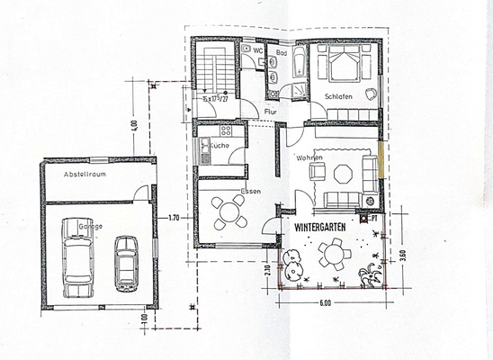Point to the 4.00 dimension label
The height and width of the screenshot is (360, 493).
(133, 126)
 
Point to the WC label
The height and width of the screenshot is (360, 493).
(257, 52)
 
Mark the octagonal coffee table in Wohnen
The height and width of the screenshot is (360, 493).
(343, 173)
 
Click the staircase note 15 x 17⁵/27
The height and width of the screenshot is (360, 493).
(213, 99)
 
